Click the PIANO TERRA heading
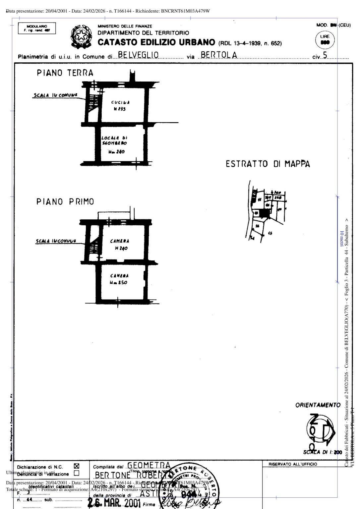[65, 73]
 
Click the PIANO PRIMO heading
[65, 201]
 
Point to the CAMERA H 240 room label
[119, 245]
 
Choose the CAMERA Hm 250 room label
[119, 279]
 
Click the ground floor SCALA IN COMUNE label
[55, 95]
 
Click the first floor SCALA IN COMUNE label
[56, 241]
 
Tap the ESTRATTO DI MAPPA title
[268, 164]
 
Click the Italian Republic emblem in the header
[81, 36]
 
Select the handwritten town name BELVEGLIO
[138, 55]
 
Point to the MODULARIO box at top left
[37, 28]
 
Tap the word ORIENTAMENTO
[318, 405]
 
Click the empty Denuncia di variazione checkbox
[76, 473]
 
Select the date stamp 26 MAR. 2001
[114, 503]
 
